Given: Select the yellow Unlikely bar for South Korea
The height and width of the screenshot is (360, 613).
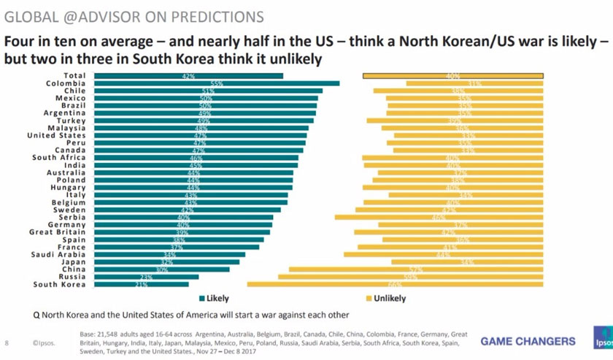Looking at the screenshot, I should click(395, 285).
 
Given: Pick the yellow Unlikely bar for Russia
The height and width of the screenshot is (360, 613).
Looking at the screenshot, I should click(410, 277).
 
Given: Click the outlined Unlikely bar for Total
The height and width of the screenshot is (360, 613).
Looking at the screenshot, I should click(452, 75).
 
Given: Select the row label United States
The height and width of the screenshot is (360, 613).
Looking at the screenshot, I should click(56, 135).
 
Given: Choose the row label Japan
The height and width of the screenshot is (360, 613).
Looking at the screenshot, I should click(73, 262).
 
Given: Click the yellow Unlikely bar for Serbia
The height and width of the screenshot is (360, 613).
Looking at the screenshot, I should click(439, 217).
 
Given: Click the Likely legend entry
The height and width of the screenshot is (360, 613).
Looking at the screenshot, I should click(213, 299).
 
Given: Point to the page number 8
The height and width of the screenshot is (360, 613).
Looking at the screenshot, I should click(7, 342).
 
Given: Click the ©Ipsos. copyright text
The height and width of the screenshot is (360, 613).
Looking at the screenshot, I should click(43, 342).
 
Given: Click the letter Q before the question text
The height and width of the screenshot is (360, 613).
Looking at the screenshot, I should click(35, 315).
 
